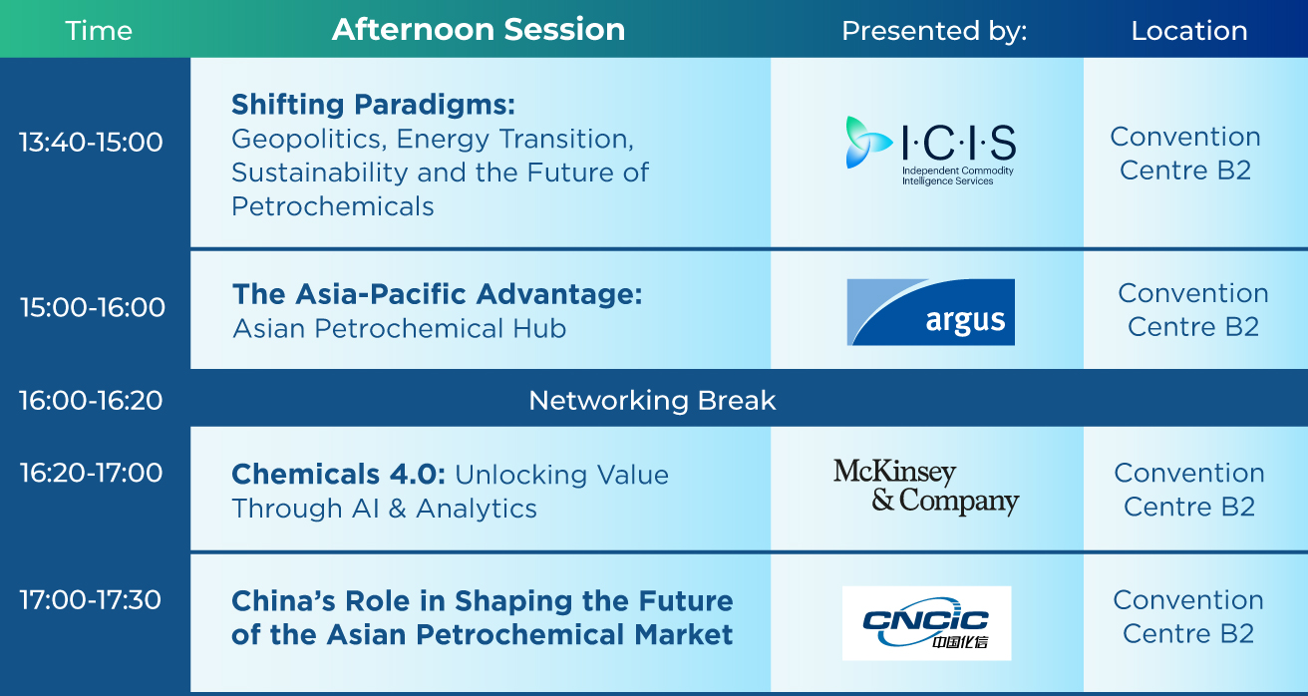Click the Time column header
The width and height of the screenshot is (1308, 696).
click(99, 30)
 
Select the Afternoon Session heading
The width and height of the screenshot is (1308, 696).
click(479, 29)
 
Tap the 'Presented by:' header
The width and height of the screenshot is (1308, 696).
click(934, 31)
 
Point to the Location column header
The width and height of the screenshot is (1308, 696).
click(1189, 31)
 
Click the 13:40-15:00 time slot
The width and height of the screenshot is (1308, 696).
click(91, 142)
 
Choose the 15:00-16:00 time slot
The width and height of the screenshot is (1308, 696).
click(93, 307)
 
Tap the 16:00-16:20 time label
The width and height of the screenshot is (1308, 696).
click(91, 401)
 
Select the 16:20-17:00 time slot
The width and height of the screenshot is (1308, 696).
click(91, 473)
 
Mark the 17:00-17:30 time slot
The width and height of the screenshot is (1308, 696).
click(91, 599)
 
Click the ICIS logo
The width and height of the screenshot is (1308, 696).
click(931, 151)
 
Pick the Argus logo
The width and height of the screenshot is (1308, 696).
click(931, 312)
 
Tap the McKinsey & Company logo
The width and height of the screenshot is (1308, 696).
click(926, 487)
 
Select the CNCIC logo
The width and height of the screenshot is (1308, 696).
click(927, 623)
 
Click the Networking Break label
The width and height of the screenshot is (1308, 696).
click(652, 401)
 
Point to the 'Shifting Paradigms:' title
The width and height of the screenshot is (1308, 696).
click(374, 105)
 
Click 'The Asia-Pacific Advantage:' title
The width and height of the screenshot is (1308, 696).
click(438, 294)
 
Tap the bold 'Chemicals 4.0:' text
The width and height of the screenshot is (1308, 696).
click(339, 474)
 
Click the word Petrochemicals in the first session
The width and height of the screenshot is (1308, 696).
click(333, 206)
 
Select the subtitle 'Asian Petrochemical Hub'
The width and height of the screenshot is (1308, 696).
click(400, 328)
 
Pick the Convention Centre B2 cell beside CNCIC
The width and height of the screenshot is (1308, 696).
click(1188, 616)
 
